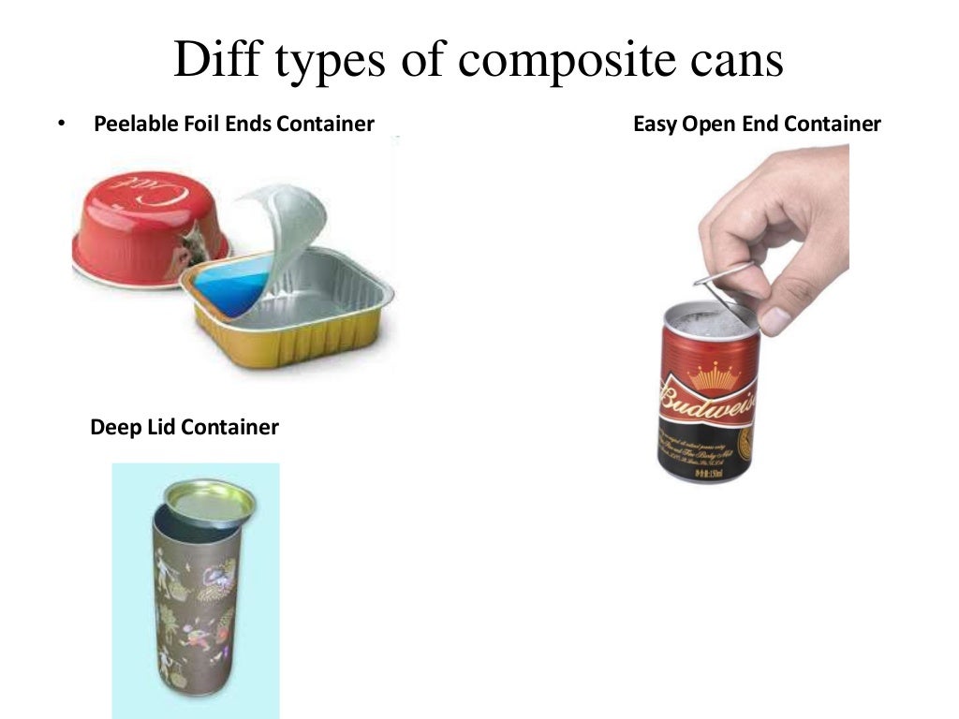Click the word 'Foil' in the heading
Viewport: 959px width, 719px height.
tap(199, 124)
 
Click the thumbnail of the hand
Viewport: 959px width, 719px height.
tap(775, 320)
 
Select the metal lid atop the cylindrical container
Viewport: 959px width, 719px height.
tap(208, 500)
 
